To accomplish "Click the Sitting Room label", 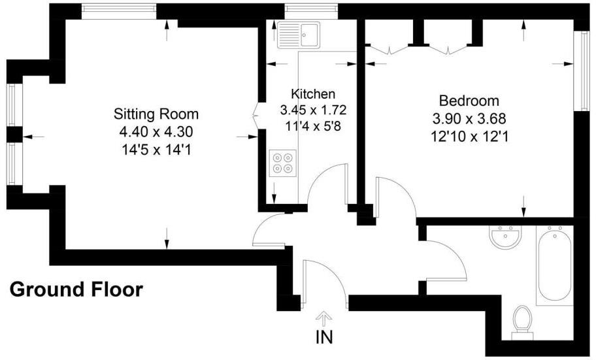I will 156,114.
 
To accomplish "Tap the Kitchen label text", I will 313,94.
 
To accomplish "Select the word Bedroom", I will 469,101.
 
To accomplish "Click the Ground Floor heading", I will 76,289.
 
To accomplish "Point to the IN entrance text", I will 325,338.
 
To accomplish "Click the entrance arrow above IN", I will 325,318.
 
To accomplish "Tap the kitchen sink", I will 298,34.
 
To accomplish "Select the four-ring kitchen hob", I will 283,163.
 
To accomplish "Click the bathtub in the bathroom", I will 554,265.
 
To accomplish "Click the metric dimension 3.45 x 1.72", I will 313,109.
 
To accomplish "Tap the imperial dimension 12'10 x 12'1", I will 469,137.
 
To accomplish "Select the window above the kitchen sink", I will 310,8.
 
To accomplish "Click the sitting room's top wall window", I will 120,8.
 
